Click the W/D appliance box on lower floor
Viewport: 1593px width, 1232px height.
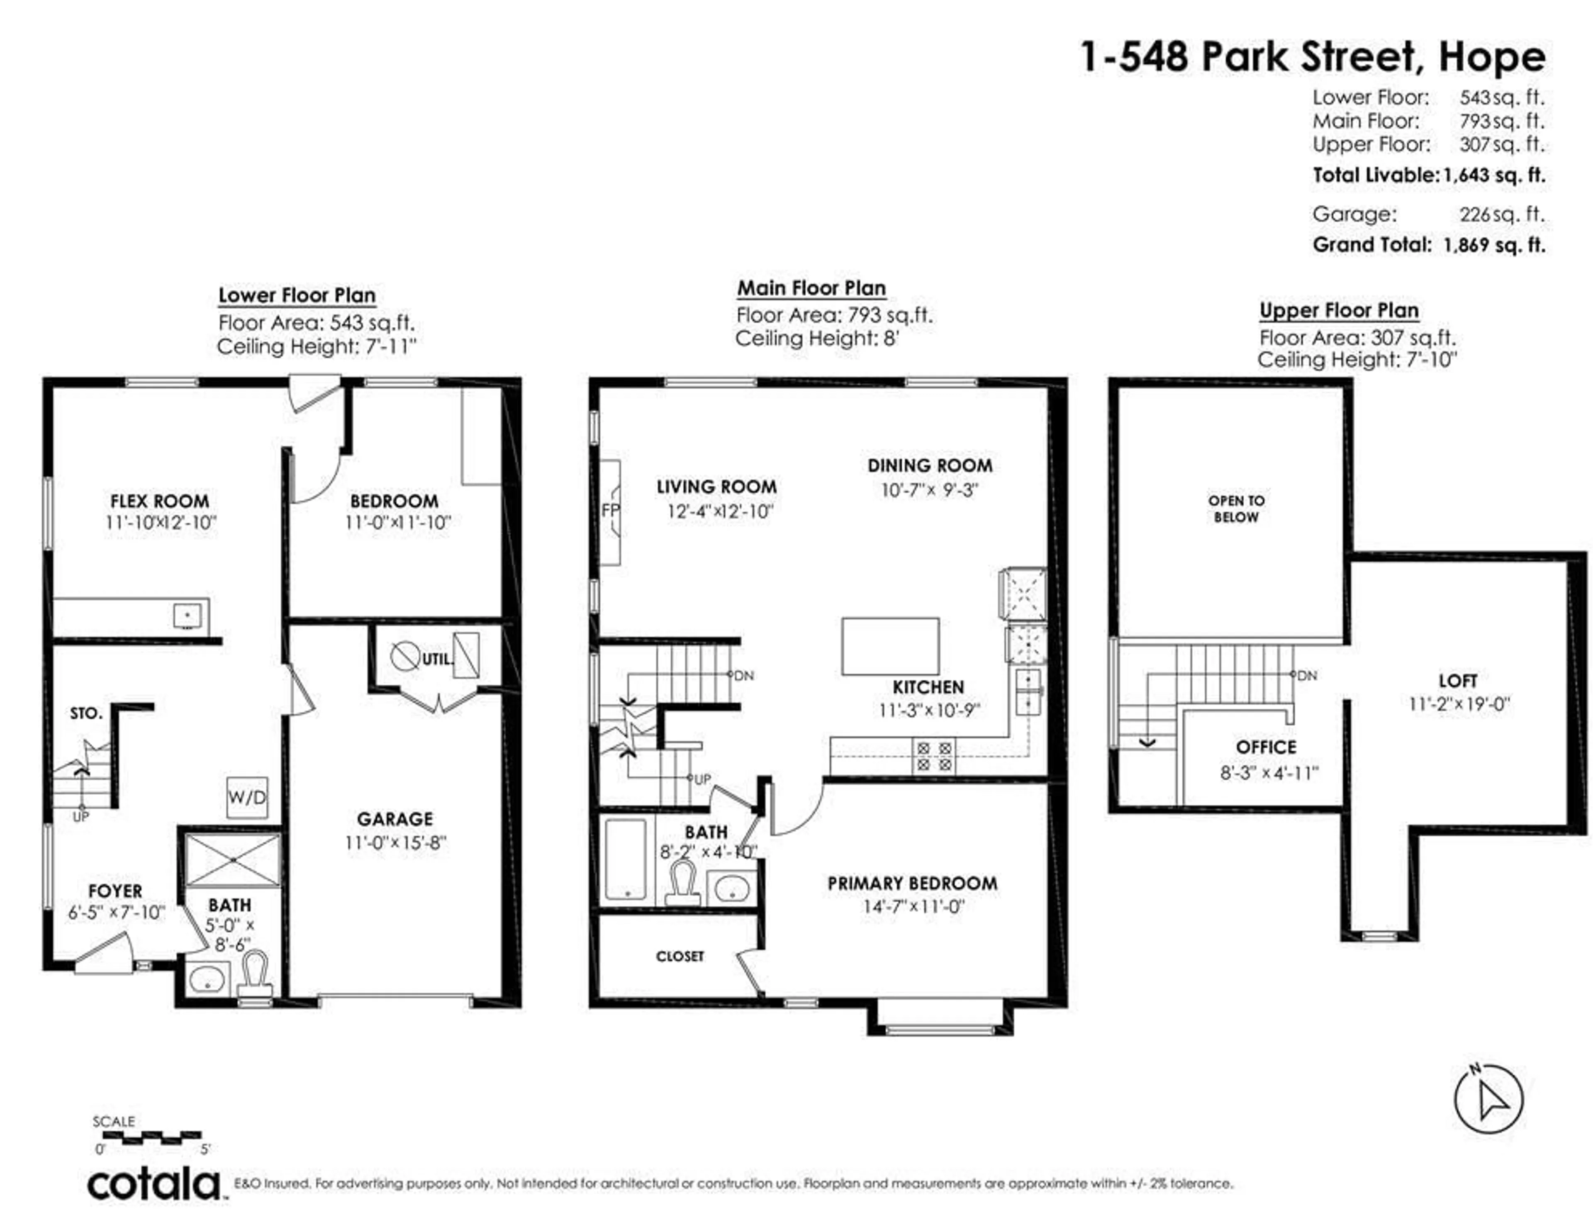(x=246, y=796)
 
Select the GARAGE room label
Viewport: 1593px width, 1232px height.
(x=395, y=819)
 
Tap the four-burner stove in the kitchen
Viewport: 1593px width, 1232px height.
(x=934, y=756)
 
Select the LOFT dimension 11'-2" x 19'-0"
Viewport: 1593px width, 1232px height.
(x=1459, y=704)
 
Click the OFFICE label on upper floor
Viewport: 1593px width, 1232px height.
(x=1266, y=747)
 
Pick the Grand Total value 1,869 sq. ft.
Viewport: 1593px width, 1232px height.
(x=1494, y=245)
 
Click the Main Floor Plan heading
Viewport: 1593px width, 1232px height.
(x=811, y=288)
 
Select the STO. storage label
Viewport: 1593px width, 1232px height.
(x=86, y=713)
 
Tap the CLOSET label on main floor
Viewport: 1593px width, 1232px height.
(x=680, y=956)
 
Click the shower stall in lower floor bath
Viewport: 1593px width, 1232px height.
(x=232, y=861)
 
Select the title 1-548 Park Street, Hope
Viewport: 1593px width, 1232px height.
(x=1311, y=57)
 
